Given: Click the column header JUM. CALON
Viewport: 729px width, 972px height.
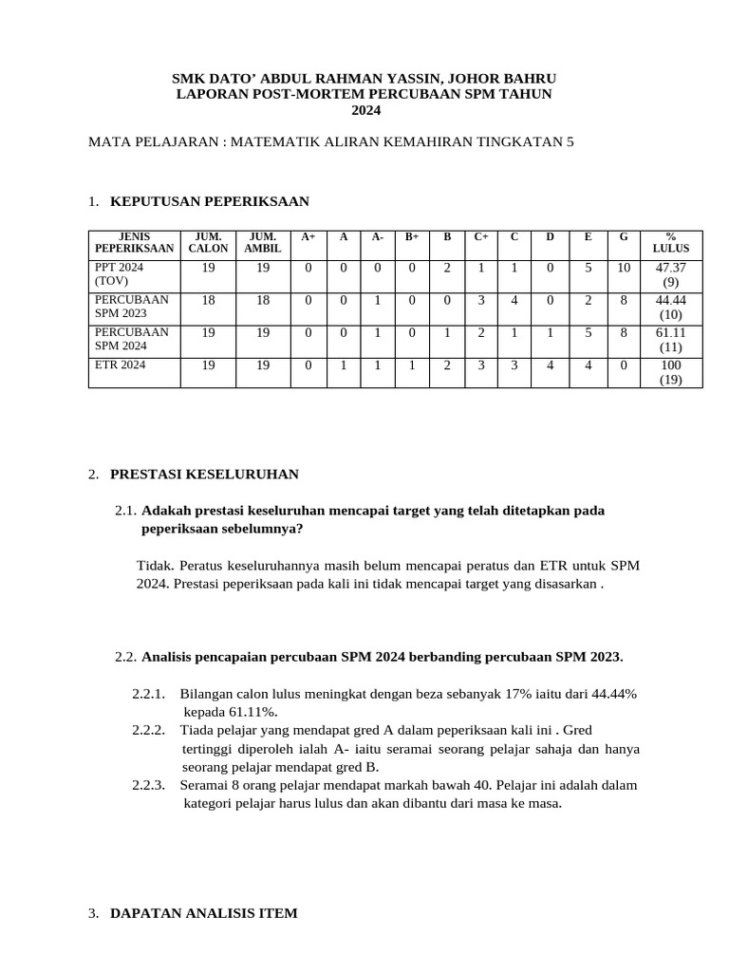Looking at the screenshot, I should point(208,242).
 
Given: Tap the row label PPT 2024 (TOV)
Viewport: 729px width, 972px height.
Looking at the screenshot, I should point(119,274).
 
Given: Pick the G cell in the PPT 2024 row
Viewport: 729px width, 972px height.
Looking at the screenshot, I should point(623,268).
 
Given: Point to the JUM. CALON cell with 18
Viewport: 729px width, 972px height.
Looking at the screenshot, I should point(208,300).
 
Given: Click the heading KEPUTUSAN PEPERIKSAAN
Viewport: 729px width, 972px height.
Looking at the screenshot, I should point(209,201).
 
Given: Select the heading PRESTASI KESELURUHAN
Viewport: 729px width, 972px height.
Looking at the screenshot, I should point(204,474).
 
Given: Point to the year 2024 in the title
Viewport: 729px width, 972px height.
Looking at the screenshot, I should point(365,110).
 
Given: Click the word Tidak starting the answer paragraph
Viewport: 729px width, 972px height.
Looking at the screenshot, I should point(154,566).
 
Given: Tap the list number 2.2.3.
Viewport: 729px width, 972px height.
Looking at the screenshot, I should point(149,785).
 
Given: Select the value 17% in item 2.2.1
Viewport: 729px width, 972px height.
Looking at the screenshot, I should point(519,694).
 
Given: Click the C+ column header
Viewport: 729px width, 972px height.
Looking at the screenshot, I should point(481,235).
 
